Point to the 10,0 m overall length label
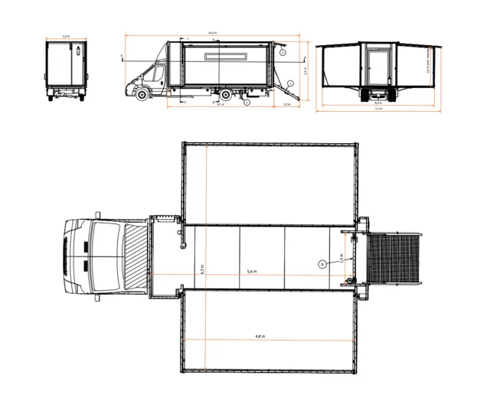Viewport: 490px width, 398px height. [211, 33]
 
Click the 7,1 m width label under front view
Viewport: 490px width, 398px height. [378, 109]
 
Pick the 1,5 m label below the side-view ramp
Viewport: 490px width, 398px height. [286, 104]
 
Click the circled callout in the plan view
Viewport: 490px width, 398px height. [322, 263]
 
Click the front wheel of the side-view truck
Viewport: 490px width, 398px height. [142, 94]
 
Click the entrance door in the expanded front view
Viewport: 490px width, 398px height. [377, 69]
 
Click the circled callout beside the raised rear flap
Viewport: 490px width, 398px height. [283, 54]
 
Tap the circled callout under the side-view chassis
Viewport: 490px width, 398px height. [247, 102]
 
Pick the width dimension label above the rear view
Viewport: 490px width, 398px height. [65, 36]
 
